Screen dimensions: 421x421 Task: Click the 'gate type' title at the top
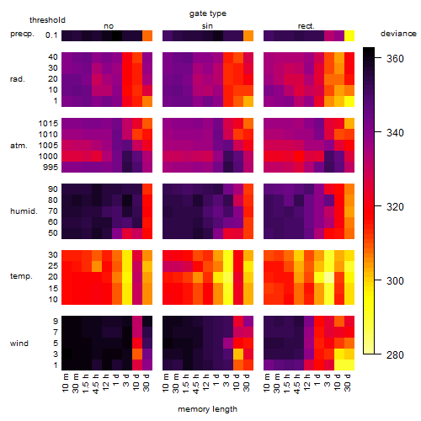tap(208, 13)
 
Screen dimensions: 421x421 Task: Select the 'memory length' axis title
tap(207, 409)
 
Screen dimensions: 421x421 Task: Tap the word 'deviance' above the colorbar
tap(398, 34)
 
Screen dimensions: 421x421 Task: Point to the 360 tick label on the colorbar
tap(395, 59)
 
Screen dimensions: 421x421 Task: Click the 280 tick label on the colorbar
tap(395, 355)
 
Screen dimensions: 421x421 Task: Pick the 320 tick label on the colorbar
tap(395, 207)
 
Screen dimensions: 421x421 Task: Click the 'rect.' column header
tap(306, 26)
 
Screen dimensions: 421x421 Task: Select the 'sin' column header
tap(207, 26)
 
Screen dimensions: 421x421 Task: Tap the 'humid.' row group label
tap(24, 211)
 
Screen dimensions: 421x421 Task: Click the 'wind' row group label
tap(19, 344)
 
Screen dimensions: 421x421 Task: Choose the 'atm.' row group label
tap(19, 146)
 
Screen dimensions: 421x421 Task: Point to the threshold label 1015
tap(48, 124)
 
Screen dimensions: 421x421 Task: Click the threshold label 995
tap(51, 168)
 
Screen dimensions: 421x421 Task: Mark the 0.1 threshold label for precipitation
tap(51, 35)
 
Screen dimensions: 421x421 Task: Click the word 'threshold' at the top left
tap(47, 20)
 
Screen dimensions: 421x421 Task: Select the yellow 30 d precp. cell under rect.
tap(349, 35)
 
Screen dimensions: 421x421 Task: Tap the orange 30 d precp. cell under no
tap(147, 35)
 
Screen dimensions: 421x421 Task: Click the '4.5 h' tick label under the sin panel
tap(196, 383)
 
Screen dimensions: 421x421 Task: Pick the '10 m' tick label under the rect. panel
tap(267, 383)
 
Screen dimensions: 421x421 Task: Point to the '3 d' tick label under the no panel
tap(126, 380)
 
